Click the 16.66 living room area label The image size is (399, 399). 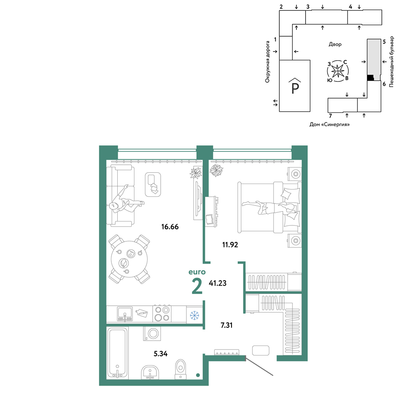pos(170,227)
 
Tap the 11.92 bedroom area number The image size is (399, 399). pos(230,245)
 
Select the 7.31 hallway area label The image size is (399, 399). pos(227,325)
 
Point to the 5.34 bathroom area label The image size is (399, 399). pos(160,354)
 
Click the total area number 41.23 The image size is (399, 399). pos(217,283)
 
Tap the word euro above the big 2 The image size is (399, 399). pos(197,272)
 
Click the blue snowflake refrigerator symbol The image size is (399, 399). pos(195,315)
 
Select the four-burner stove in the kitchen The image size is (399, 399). pos(162,314)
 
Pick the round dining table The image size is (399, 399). pos(129,259)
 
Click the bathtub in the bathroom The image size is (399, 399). pos(117,352)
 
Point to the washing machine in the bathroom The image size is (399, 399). pos(152,333)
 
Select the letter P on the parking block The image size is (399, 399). pos(295,88)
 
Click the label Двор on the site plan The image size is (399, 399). pos(335,44)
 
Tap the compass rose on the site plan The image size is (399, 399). pos(338,71)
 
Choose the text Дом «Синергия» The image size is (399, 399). pos(330,124)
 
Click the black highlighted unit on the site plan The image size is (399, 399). pos(371,78)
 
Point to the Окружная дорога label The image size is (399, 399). pos(267,62)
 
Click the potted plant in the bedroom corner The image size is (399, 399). pos(216,170)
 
